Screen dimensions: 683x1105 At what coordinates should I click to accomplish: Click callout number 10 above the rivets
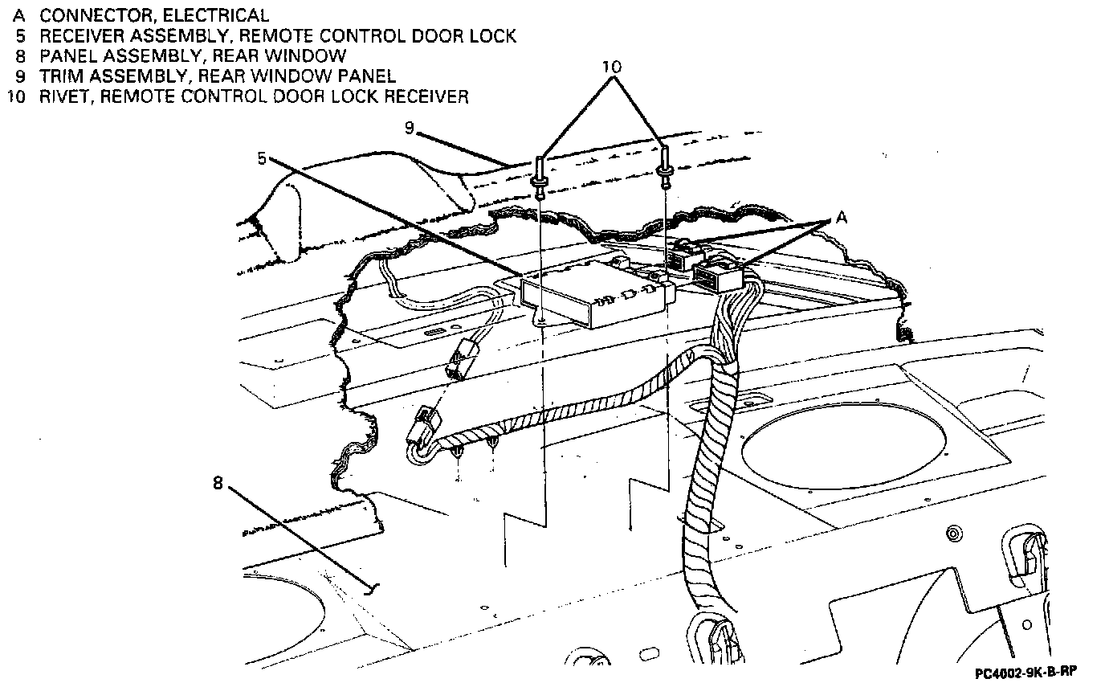(x=613, y=66)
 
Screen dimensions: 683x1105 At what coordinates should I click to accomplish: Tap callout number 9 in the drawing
(x=410, y=128)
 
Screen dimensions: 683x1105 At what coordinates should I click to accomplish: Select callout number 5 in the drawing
(x=262, y=158)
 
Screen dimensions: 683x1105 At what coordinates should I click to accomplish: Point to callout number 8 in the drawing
(x=218, y=483)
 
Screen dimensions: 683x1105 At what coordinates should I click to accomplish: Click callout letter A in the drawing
(x=841, y=217)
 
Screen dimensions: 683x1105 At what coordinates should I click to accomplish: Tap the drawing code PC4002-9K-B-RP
(x=1025, y=671)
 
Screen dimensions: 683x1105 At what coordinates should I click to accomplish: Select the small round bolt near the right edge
(x=953, y=534)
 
